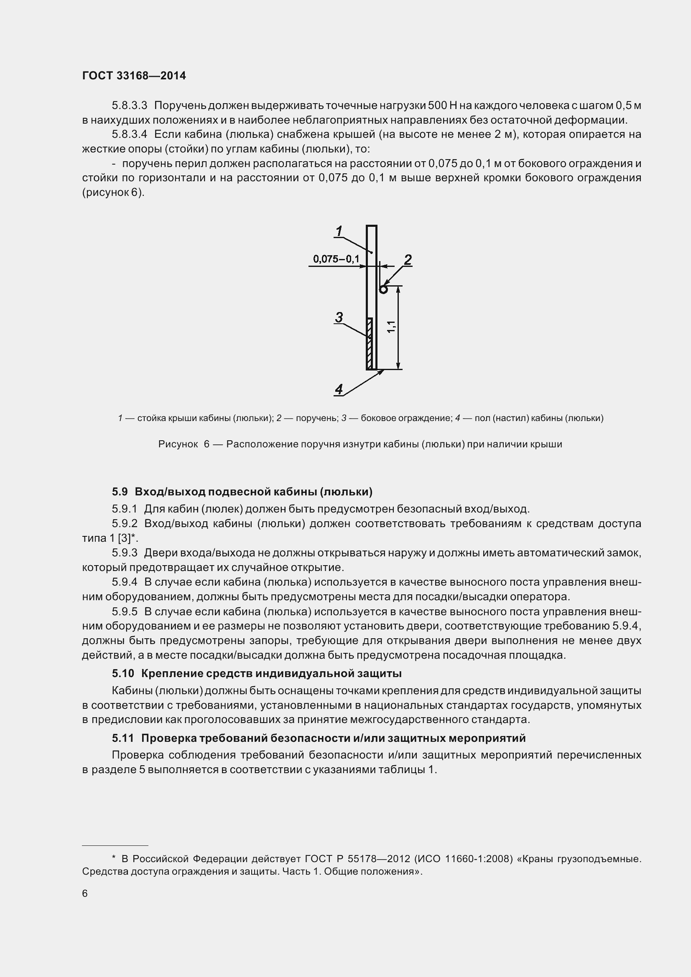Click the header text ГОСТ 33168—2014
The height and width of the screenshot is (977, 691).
[x=134, y=76]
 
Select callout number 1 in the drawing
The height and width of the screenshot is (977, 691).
[x=339, y=231]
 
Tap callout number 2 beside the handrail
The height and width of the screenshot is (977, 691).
[x=408, y=259]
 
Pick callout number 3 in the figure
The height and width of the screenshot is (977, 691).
[x=339, y=317]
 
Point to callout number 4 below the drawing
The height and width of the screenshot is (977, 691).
[x=339, y=389]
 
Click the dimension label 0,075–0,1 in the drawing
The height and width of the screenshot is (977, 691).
[x=336, y=259]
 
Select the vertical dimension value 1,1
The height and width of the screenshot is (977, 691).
[x=392, y=327]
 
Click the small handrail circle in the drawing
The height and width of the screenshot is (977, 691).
[x=383, y=289]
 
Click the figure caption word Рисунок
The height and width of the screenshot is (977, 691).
[x=178, y=444]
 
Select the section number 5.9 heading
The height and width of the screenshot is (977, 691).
[x=120, y=492]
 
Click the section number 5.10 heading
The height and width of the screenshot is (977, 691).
[x=122, y=674]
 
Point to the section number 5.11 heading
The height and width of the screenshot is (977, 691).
[x=122, y=738]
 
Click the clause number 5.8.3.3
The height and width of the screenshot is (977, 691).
[x=130, y=105]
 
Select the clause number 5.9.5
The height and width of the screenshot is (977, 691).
[x=124, y=612]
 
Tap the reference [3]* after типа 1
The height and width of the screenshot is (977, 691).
[x=127, y=538]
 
